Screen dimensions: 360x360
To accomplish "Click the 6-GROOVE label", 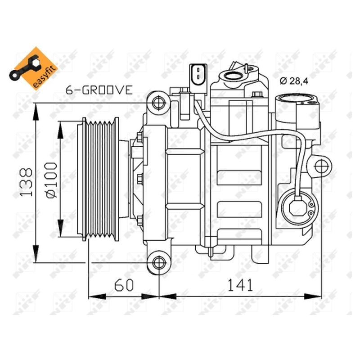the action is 99,90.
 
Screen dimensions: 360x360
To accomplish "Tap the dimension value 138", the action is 26,183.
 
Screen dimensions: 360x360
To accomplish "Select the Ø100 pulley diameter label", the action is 51,180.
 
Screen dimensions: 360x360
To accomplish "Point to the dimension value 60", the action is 124,285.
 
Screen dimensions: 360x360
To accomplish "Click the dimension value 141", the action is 240,285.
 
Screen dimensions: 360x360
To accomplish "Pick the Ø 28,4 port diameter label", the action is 294,81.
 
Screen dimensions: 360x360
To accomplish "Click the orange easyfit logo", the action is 33,68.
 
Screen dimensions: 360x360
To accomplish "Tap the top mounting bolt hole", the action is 159,103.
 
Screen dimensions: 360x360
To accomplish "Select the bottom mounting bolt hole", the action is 159,263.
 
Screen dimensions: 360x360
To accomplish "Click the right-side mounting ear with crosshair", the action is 321,166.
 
